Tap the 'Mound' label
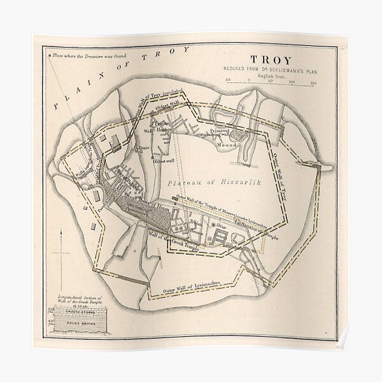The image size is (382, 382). click(x=244, y=145)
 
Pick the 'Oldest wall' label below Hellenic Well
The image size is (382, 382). click(x=164, y=161)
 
